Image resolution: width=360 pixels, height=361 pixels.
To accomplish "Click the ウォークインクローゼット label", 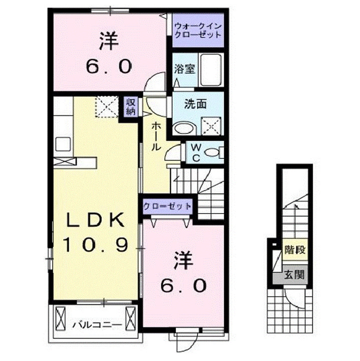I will pyautogui.click(x=197, y=31).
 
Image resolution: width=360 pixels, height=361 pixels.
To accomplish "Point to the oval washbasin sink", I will pyautogui.click(x=183, y=128).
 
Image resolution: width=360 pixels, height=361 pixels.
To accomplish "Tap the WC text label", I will pyautogui.click(x=196, y=152).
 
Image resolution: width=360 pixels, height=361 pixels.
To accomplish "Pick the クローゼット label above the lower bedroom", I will pyautogui.click(x=167, y=206).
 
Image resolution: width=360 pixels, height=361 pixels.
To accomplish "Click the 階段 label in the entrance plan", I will pyautogui.click(x=294, y=249).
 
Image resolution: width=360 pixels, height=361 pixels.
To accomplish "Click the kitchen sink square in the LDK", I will pyautogui.click(x=63, y=143).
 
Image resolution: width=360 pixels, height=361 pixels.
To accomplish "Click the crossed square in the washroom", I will pyautogui.click(x=211, y=125).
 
